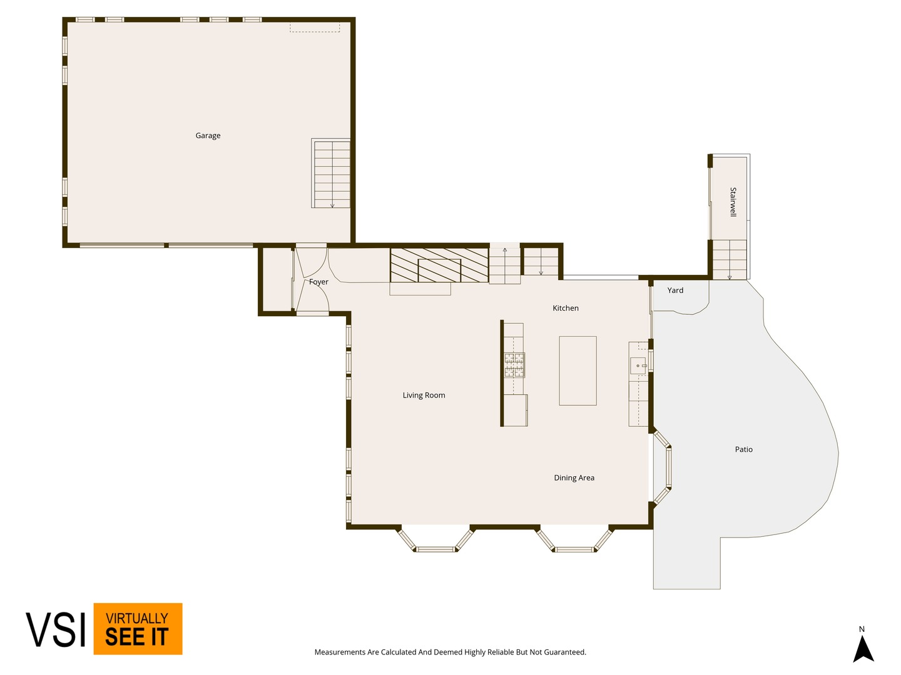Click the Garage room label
pyautogui.click(x=208, y=136)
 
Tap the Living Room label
pyautogui.click(x=424, y=395)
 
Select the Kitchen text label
pyautogui.click(x=565, y=307)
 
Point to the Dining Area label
pyautogui.click(x=574, y=477)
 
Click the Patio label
pyautogui.click(x=743, y=449)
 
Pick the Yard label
pyautogui.click(x=675, y=290)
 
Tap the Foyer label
pyautogui.click(x=318, y=282)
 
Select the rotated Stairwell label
pyautogui.click(x=733, y=202)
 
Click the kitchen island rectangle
pyautogui.click(x=578, y=371)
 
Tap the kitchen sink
pyautogui.click(x=638, y=365)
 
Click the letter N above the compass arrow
pyautogui.click(x=862, y=629)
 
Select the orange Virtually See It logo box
pyautogui.click(x=138, y=629)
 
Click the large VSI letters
pyautogui.click(x=56, y=630)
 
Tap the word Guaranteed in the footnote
pyautogui.click(x=565, y=652)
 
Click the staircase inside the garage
pyautogui.click(x=331, y=173)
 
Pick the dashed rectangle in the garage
pyautogui.click(x=315, y=27)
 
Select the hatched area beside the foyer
pyautogui.click(x=439, y=265)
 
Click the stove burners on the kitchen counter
pyautogui.click(x=514, y=365)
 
